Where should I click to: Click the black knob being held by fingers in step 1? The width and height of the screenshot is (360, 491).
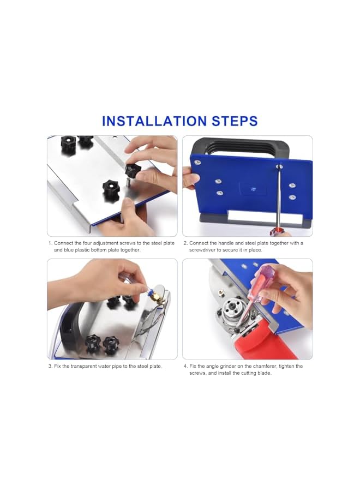pyautogui.click(x=133, y=170)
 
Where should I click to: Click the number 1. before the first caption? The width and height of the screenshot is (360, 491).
pyautogui.click(x=50, y=243)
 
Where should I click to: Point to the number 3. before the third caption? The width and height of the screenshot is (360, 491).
pyautogui.click(x=50, y=366)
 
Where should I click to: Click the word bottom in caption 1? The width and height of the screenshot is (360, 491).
pyautogui.click(x=102, y=250)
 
